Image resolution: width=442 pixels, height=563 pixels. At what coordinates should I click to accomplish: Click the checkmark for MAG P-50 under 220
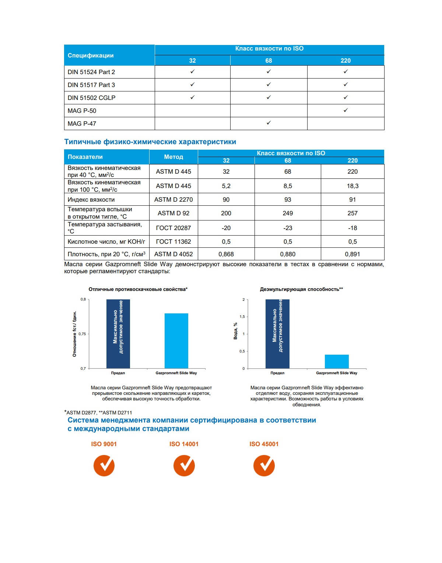coord(345,110)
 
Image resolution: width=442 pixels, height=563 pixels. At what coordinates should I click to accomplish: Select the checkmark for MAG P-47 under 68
coord(269,123)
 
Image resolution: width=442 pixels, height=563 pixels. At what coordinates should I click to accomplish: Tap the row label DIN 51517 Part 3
coord(91,85)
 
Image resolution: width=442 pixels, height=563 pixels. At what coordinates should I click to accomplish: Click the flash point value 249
coord(288,213)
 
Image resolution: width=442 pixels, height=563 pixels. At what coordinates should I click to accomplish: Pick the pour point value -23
coord(288,228)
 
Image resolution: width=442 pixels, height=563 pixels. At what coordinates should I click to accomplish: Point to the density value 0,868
coord(226,254)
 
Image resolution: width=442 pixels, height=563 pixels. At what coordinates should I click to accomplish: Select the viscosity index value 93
coord(288,199)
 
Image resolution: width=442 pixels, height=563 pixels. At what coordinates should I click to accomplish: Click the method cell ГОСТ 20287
coord(173,228)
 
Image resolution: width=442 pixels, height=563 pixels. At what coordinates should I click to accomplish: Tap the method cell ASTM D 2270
coord(173,199)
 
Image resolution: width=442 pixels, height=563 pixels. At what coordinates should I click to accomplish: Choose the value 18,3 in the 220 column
coord(352,186)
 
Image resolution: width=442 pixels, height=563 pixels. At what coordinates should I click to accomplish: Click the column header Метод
coord(173,157)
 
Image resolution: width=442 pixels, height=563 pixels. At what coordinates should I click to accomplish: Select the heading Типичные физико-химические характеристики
coord(150,142)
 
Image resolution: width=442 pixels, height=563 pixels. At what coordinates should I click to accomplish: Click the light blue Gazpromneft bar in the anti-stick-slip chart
coord(176,341)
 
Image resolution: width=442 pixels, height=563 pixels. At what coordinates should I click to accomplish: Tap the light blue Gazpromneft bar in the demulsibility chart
coord(337,361)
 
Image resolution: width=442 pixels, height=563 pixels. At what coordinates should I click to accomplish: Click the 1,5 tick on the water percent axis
coord(242,317)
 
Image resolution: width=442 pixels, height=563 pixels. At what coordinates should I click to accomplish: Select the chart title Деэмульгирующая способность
coord(301,289)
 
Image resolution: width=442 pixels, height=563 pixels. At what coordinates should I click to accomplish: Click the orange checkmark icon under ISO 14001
coord(184,465)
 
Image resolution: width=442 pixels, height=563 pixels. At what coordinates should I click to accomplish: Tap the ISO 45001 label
coord(264,444)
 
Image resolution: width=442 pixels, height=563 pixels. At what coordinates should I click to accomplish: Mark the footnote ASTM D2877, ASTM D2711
coord(99,413)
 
